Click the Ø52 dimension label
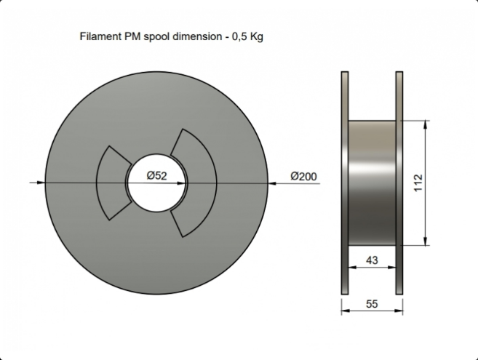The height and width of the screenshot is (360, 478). click(156, 175)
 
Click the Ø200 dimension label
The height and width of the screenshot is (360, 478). click(303, 176)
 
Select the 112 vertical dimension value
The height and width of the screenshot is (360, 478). click(418, 183)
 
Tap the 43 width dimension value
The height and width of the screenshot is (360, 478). click(372, 260)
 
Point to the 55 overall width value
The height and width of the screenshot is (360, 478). click(372, 304)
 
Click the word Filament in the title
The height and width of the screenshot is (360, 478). click(100, 36)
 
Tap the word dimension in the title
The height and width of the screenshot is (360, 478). click(197, 36)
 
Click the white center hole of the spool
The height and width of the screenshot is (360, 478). click(156, 183)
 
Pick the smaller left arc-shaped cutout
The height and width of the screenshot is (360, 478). click(113, 183)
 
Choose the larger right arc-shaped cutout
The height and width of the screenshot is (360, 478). click(194, 183)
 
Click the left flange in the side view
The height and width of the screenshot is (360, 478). click(345, 183)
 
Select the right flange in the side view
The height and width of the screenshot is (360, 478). click(399, 183)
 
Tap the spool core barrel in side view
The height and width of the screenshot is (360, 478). click(372, 183)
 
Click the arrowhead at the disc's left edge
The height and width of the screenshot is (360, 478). click(41, 183)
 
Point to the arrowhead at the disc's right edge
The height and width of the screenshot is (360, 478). click(272, 183)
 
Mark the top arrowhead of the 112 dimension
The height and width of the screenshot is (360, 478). click(426, 124)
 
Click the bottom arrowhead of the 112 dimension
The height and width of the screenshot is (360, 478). click(426, 241)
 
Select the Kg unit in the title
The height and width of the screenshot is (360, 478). click(256, 37)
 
